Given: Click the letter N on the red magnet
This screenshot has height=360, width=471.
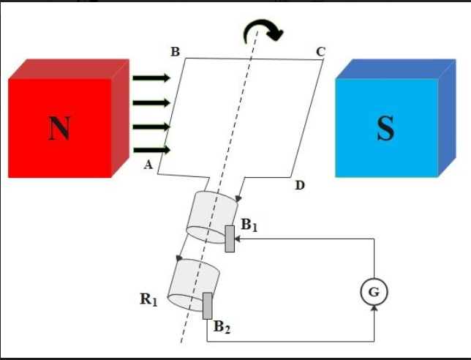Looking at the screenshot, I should point(59,128).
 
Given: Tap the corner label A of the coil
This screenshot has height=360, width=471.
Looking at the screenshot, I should point(148,165).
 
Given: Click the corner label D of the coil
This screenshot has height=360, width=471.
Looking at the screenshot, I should point(299,186).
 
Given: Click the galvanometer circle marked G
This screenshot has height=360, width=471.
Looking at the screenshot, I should point(374,292).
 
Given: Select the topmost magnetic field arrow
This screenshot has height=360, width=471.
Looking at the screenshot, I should point(151,78).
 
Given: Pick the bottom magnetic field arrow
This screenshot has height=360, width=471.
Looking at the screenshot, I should point(151,151).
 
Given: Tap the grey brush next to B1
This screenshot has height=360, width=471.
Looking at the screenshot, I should point(230,239).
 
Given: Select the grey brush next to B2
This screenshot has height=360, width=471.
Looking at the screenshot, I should point(208,305).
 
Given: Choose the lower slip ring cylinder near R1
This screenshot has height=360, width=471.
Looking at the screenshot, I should point(194,282).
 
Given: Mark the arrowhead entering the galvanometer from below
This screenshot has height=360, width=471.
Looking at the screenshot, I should point(374,310).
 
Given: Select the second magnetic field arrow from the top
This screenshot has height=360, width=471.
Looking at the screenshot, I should point(151,102).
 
